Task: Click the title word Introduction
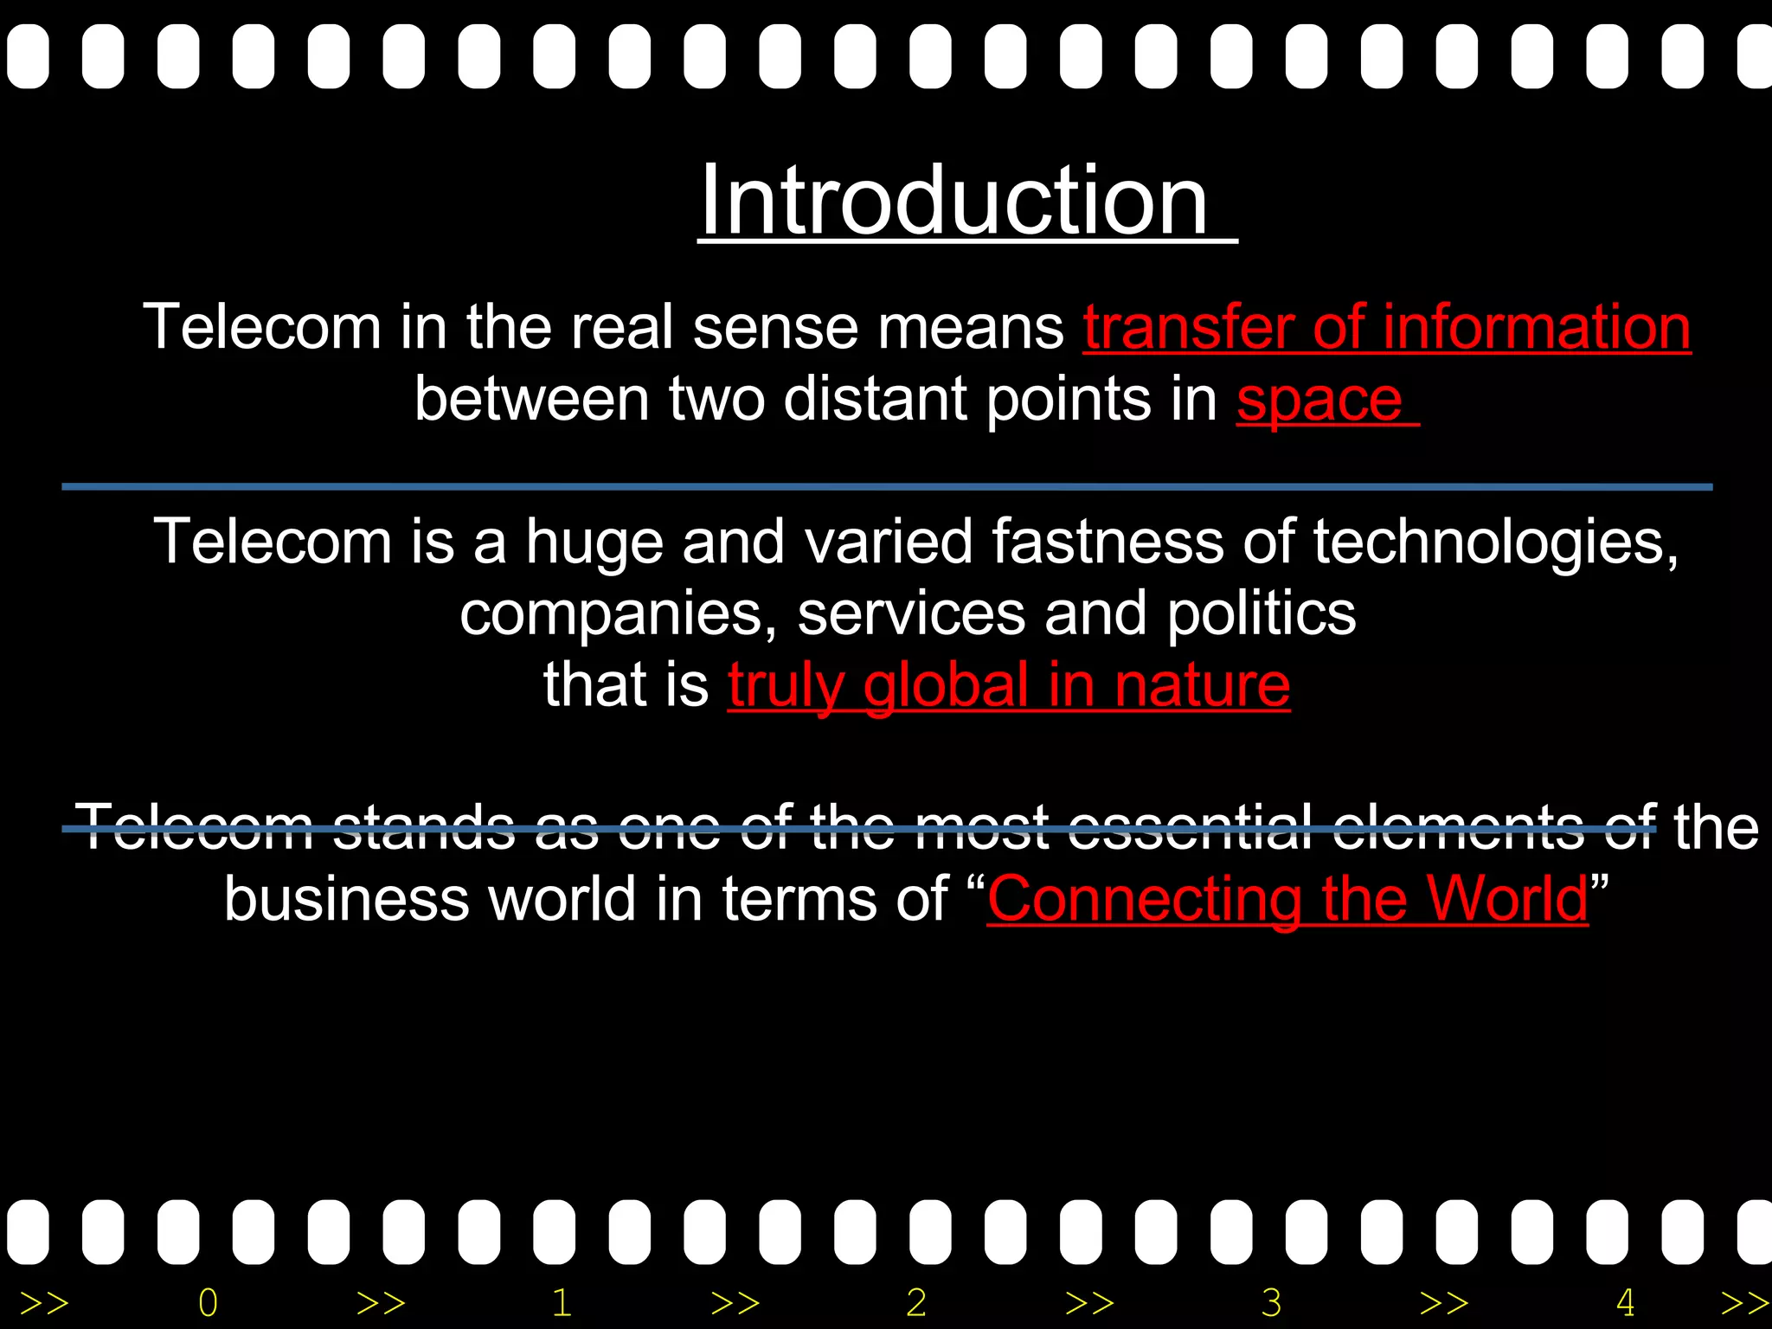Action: [x=953, y=201]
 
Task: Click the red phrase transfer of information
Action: [x=1386, y=327]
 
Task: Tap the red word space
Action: [x=1319, y=400]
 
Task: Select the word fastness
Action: [x=1107, y=542]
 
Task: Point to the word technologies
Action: [x=1495, y=543]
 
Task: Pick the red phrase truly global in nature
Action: [x=1008, y=685]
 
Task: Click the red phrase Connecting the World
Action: [x=1287, y=898]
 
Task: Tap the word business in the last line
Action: [x=346, y=898]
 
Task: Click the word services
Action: [x=910, y=614]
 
